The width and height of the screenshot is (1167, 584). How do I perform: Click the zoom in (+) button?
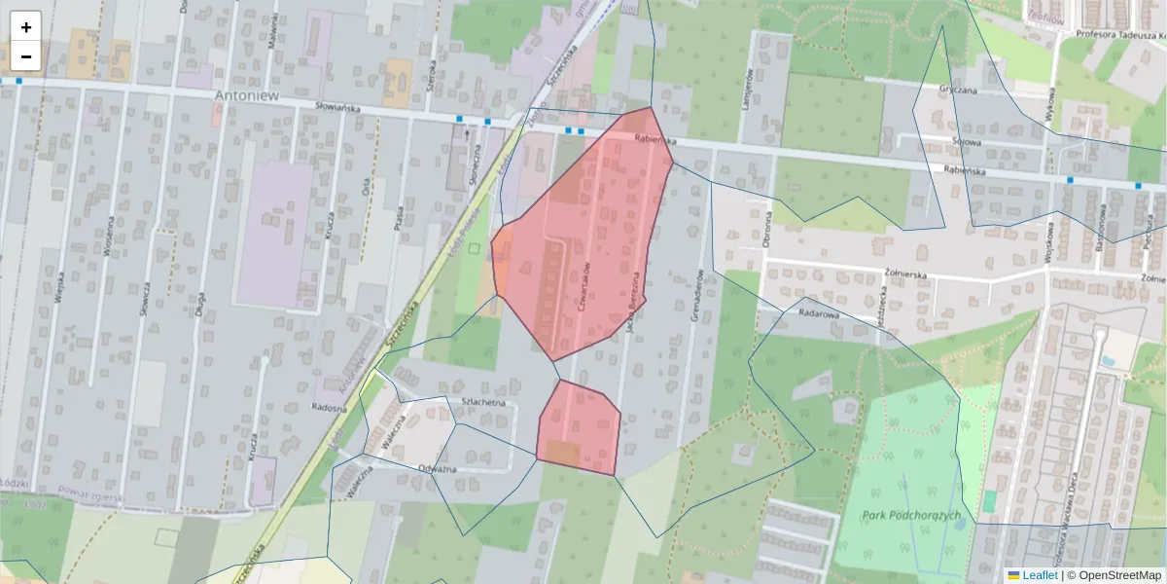click(26, 27)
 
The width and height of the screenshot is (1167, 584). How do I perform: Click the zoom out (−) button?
click(26, 56)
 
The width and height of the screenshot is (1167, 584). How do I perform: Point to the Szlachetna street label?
click(485, 402)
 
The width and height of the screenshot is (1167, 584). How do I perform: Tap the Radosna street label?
click(330, 408)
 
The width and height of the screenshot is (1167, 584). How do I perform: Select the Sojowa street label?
click(966, 141)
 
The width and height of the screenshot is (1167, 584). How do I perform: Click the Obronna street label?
click(766, 229)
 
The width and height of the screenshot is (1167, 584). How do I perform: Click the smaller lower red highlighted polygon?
click(580, 428)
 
